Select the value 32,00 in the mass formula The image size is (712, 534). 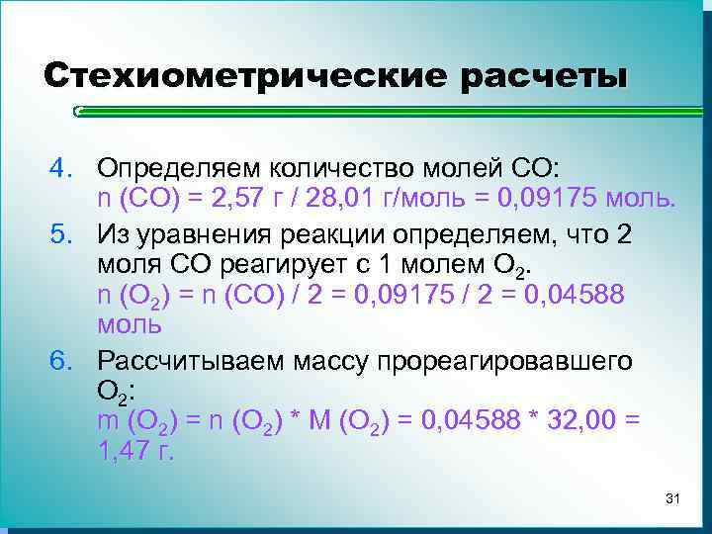coord(577,420)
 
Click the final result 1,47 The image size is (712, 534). coord(125,453)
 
